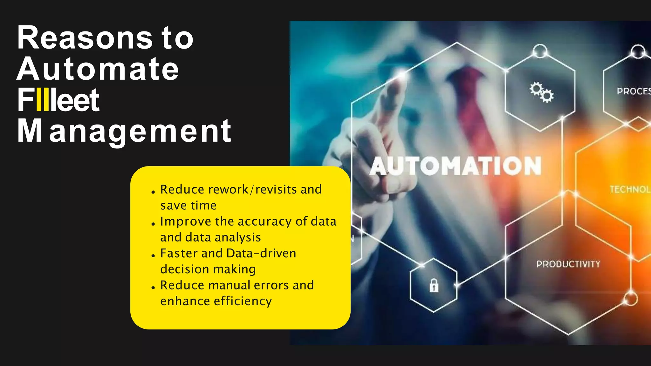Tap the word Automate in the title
pyautogui.click(x=98, y=69)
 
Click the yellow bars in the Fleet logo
pyautogui.click(x=43, y=100)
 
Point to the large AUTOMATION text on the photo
pyautogui.click(x=456, y=166)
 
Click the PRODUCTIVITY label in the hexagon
pyautogui.click(x=568, y=264)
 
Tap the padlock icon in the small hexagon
pyautogui.click(x=434, y=285)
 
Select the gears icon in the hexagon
pyautogui.click(x=541, y=92)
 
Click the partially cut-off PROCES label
pyautogui.click(x=634, y=91)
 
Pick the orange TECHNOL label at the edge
pyautogui.click(x=630, y=190)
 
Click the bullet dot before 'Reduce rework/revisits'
pyautogui.click(x=153, y=192)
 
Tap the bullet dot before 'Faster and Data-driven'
pyautogui.click(x=153, y=256)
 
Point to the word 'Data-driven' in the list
pyautogui.click(x=261, y=253)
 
